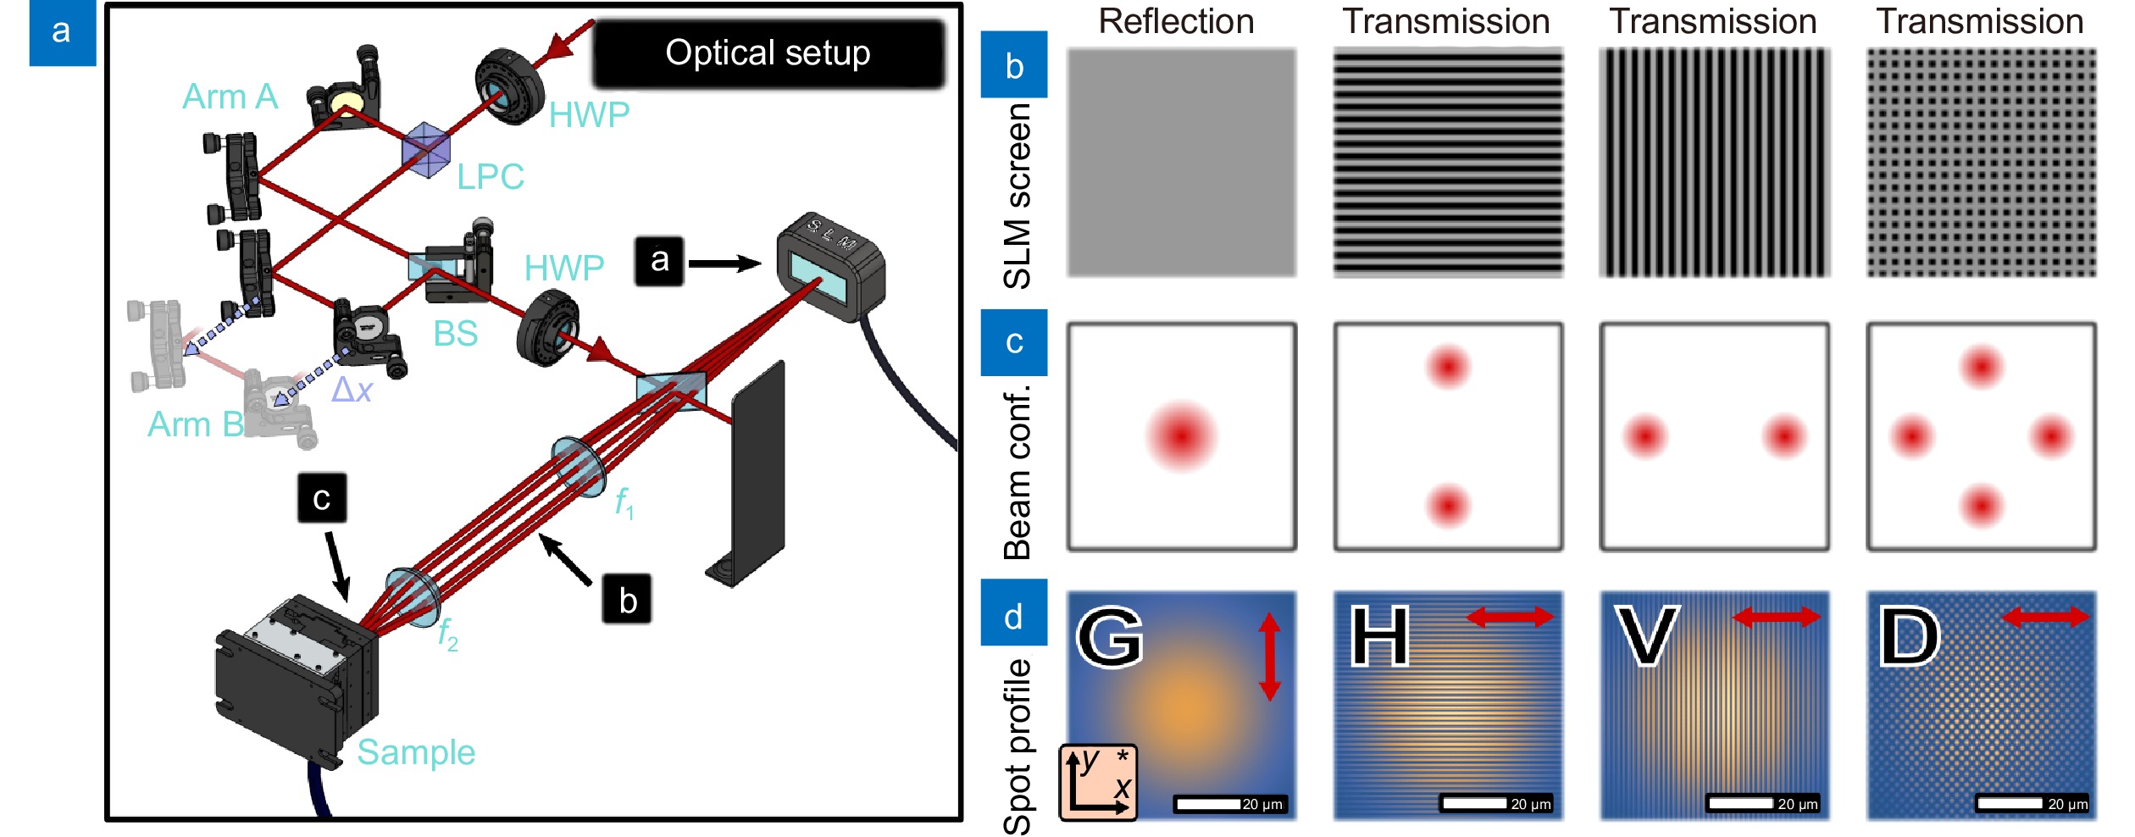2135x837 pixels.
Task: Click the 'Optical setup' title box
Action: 768,53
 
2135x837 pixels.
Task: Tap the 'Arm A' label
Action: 230,97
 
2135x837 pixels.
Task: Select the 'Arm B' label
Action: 195,424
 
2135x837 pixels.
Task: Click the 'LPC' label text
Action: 491,177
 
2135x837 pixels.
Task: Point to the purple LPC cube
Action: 427,151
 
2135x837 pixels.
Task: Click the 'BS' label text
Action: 456,334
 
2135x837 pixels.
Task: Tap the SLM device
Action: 830,267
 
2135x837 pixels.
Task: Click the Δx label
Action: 352,390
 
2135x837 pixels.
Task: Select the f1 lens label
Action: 624,502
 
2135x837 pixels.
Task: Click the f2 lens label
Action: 447,635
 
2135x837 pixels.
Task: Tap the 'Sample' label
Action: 416,752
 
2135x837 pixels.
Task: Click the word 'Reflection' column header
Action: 1176,22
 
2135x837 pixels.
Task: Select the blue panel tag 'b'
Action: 1014,65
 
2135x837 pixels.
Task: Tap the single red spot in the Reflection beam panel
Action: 1182,436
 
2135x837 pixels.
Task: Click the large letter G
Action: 1110,637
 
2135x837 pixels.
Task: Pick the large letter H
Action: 1380,637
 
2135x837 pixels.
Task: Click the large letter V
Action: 1647,637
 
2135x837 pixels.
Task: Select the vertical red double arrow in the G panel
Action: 1269,657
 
